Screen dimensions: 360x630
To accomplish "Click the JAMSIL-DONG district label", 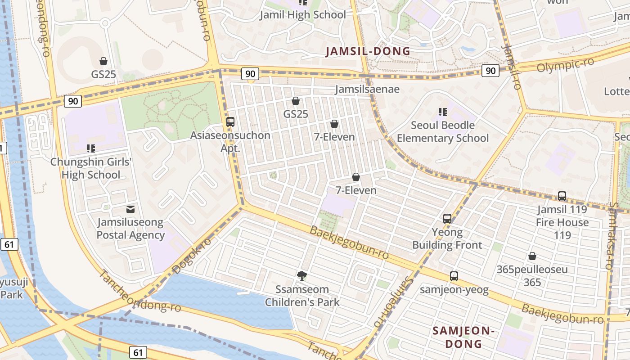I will (x=368, y=51).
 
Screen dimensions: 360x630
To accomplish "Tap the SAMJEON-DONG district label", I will (x=463, y=337).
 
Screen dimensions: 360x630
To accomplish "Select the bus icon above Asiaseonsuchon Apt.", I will (x=230, y=121).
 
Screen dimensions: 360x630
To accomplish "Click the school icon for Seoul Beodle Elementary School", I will (x=442, y=112).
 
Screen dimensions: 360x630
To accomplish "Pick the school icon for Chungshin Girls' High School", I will (x=90, y=148).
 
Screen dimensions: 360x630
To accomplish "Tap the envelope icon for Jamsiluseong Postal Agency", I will (x=130, y=209).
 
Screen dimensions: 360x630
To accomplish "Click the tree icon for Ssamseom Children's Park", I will (x=302, y=275).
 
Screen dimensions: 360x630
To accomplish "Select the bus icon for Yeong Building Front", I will (x=447, y=219).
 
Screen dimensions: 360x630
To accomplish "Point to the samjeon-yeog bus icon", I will (x=454, y=276).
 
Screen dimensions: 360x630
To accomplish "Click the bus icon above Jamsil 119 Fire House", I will (x=562, y=196).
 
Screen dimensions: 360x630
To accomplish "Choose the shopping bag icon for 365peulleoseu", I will (x=532, y=256).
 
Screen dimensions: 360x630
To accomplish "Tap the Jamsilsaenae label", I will (x=367, y=89).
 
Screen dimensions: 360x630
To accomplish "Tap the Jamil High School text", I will (x=303, y=15).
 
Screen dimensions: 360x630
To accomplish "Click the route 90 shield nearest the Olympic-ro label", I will (x=490, y=70).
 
